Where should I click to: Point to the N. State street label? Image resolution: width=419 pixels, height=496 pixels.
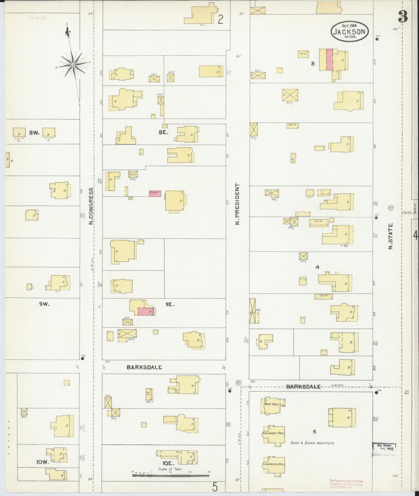391,236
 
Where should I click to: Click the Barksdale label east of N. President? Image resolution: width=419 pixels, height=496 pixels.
303,387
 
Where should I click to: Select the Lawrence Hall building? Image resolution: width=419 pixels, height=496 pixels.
274,464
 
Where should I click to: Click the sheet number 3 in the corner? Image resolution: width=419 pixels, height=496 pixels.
403,16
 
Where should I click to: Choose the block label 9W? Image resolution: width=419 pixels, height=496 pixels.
45,304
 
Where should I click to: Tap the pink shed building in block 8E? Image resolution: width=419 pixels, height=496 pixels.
155,194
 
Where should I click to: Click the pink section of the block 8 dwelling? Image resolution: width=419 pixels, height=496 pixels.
329,60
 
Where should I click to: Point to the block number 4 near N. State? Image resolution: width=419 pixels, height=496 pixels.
317,267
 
